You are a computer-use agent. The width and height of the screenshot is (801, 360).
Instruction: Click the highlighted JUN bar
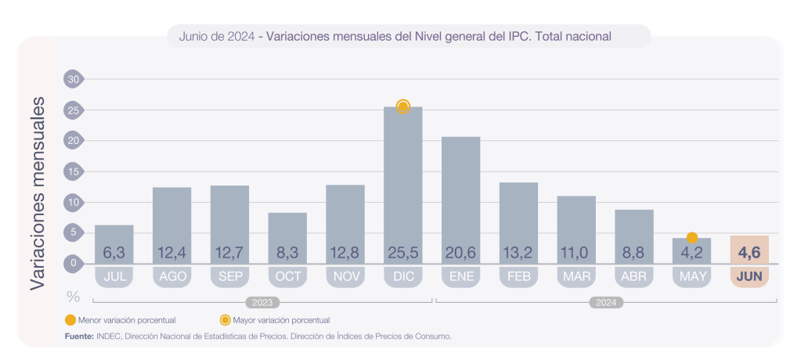[x=749, y=250]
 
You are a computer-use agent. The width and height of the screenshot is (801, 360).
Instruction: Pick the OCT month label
[x=287, y=276]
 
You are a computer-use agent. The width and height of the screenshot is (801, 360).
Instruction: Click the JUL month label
[x=114, y=276]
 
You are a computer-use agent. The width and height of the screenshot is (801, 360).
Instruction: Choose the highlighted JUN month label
[x=749, y=276]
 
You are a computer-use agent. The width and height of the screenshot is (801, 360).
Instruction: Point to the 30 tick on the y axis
[x=74, y=79]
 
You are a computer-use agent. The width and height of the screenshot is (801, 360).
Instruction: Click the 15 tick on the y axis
[x=74, y=171]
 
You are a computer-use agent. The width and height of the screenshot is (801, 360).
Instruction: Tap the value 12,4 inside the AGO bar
[x=171, y=253]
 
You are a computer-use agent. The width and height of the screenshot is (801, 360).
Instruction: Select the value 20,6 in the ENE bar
[x=460, y=253]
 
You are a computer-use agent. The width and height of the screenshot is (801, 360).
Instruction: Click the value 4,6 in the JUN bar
[x=749, y=252]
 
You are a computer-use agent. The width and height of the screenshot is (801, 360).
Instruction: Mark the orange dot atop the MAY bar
[x=692, y=237]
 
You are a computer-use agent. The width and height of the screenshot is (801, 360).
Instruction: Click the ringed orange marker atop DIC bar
[x=403, y=106]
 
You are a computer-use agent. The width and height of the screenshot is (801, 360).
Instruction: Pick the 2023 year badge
[x=262, y=302]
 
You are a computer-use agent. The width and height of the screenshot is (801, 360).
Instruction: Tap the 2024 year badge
[x=607, y=302]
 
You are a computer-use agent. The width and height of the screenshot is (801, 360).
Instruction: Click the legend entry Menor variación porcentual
[x=125, y=320]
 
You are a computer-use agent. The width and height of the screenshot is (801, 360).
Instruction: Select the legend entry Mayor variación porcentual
[x=281, y=320]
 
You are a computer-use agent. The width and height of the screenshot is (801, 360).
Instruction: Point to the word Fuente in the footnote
[x=78, y=336]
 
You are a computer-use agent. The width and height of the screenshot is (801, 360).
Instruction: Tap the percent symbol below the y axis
[x=74, y=297]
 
